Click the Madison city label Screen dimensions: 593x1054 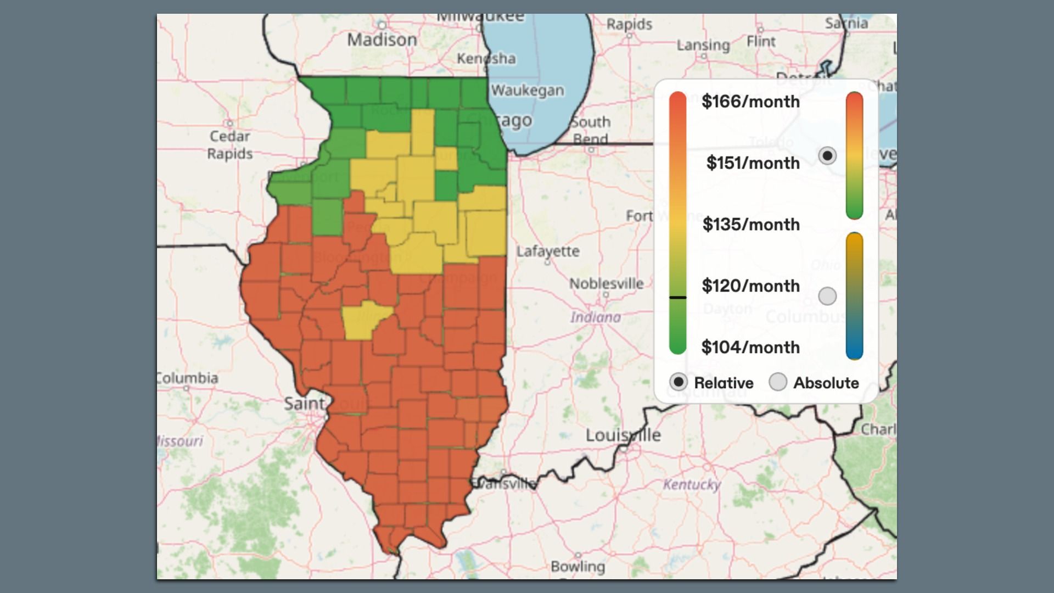(x=382, y=40)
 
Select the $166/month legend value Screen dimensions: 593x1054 (x=750, y=102)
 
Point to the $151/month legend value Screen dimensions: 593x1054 (x=753, y=163)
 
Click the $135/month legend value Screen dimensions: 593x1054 (x=751, y=225)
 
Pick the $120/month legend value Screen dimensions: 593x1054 (x=750, y=286)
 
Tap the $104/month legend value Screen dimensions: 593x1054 (x=750, y=348)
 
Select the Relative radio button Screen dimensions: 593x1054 (x=679, y=382)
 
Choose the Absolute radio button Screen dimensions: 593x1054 (x=778, y=382)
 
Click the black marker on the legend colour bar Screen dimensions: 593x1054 (x=678, y=298)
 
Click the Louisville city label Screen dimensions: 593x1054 (x=623, y=435)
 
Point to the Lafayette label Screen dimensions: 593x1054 (x=548, y=251)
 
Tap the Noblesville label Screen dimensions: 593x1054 (x=606, y=284)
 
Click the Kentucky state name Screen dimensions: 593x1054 (x=692, y=484)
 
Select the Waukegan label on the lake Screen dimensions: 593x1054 (x=528, y=91)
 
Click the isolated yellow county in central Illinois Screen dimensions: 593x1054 (x=365, y=320)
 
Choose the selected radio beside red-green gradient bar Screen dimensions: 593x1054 (x=827, y=156)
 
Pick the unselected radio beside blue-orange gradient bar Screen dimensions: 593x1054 (x=827, y=296)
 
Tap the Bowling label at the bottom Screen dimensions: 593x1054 (x=578, y=566)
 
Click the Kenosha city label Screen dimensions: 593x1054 (x=486, y=59)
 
